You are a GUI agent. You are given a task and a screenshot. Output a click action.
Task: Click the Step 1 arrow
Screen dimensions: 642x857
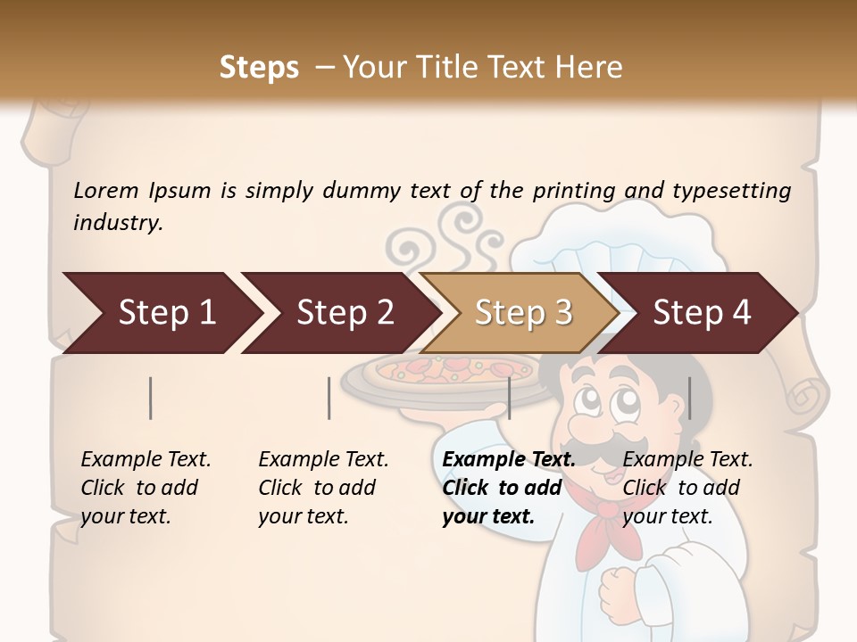161,313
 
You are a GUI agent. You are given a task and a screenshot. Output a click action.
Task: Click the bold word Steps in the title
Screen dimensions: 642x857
259,68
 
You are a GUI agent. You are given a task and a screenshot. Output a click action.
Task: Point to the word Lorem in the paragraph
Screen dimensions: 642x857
105,190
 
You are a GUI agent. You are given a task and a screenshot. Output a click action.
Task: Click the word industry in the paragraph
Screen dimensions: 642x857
117,222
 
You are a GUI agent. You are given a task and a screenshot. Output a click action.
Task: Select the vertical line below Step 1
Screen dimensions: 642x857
151,398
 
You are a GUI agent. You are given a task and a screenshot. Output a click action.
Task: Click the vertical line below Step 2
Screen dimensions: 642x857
329,398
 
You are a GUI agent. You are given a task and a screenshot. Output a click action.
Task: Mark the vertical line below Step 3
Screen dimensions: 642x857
509,398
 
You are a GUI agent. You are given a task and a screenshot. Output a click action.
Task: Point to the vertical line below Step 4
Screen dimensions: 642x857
690,398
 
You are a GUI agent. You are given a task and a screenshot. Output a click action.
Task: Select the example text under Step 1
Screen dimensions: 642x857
146,488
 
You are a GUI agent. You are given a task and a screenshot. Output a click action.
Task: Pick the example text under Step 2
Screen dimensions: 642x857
323,488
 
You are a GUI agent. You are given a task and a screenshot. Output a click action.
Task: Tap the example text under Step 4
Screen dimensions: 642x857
687,488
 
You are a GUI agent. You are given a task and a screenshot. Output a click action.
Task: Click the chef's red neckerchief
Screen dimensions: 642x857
601,526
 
